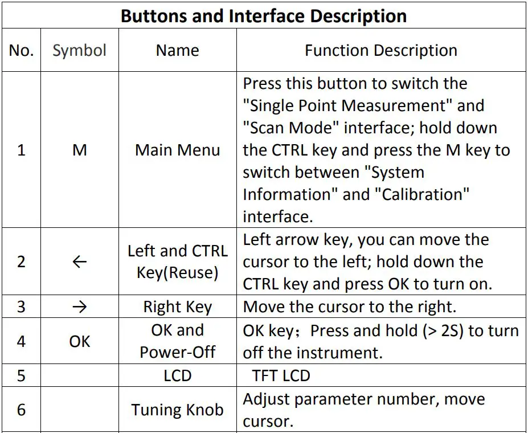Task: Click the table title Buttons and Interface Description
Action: tap(264, 15)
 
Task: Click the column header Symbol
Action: tap(79, 51)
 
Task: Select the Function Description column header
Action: tap(380, 51)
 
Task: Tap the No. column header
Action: tap(21, 51)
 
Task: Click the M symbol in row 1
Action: tap(80, 150)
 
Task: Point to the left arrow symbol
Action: tap(80, 262)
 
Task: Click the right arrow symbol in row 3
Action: tap(80, 307)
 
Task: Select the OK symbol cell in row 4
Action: tap(80, 341)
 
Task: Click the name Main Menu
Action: tap(177, 150)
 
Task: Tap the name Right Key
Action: tap(177, 307)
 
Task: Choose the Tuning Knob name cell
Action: tap(177, 410)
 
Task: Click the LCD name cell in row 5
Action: tap(177, 376)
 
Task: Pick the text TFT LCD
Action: tap(281, 376)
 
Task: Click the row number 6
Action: tap(21, 410)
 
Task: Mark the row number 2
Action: tap(21, 262)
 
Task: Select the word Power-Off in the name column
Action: tap(177, 352)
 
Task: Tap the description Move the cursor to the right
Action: tap(350, 307)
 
